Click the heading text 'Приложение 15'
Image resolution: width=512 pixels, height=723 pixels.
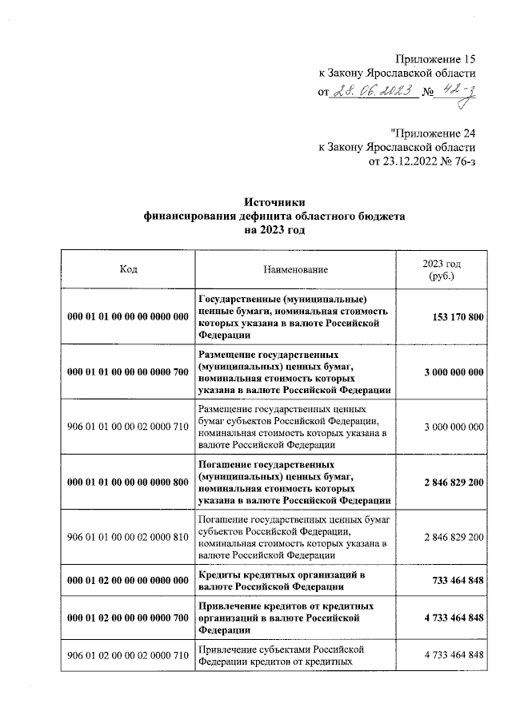pyautogui.click(x=436, y=60)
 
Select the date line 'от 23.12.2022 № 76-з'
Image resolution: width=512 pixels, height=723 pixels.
pyautogui.click(x=422, y=163)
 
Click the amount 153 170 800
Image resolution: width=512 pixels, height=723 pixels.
pyautogui.click(x=453, y=316)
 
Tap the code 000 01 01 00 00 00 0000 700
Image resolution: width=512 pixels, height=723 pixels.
pyautogui.click(x=128, y=371)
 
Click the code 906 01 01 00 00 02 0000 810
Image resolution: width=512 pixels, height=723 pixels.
pyautogui.click(x=128, y=538)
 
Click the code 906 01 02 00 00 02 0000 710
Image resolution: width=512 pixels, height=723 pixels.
pyautogui.click(x=128, y=655)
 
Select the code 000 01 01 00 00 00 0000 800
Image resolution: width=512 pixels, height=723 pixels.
pyautogui.click(x=128, y=483)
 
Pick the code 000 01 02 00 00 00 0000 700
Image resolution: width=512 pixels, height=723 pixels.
pyautogui.click(x=128, y=618)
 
